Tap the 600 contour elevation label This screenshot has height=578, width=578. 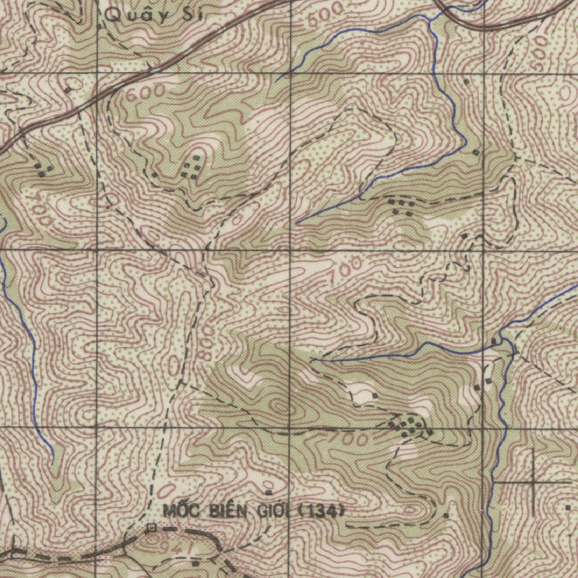click(x=146, y=92)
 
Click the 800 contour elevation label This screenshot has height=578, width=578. click(x=205, y=344)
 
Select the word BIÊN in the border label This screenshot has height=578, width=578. click(x=228, y=511)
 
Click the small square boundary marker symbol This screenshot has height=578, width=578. click(x=151, y=528)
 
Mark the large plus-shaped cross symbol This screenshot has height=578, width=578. click(x=532, y=482)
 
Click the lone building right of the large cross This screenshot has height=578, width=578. click(x=567, y=507)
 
